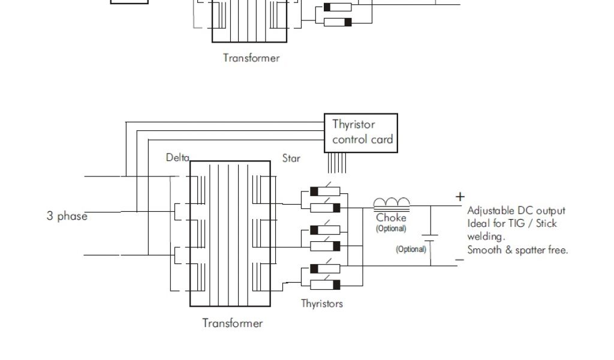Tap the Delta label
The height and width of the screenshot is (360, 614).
[x=177, y=158]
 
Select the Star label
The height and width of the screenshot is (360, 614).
[x=291, y=159]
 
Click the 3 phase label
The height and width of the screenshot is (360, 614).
[x=67, y=216]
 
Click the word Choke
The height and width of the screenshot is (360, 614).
[x=391, y=218]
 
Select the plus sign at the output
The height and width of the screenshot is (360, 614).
[x=460, y=196]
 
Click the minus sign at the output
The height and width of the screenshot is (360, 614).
[x=459, y=260]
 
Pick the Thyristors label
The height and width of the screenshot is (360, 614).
[x=322, y=304]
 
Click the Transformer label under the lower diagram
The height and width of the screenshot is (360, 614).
[x=232, y=323]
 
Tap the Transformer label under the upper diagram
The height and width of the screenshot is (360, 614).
[x=251, y=58]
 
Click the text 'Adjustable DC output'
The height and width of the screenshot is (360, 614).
[x=516, y=211]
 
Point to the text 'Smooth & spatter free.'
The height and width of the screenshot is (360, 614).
[x=517, y=250]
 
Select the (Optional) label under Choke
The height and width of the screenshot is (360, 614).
[x=391, y=229]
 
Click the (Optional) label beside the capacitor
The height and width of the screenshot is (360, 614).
[x=411, y=249]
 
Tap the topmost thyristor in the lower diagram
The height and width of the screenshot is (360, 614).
[x=325, y=192]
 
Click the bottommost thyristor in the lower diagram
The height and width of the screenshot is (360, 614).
[x=325, y=284]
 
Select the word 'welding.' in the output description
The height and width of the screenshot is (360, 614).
[x=485, y=236]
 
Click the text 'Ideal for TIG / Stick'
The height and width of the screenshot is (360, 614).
[x=511, y=224]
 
